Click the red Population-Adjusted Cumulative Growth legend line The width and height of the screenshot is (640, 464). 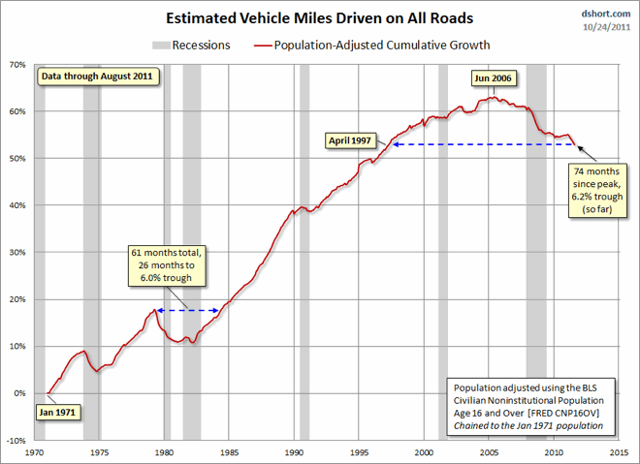tap(264, 45)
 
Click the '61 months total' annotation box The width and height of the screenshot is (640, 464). tap(169, 265)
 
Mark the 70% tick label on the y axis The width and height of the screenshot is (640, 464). tap(18, 65)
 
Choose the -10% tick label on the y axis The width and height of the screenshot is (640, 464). tap(16, 440)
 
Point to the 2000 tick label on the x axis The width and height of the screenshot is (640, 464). tap(424, 452)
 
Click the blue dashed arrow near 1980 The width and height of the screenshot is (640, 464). tap(187, 311)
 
